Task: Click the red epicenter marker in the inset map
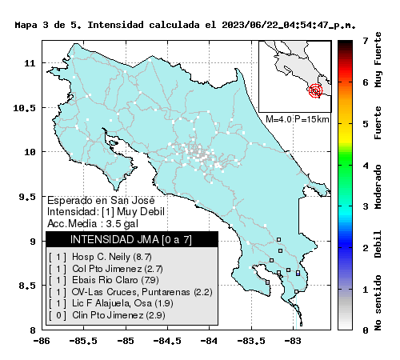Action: coord(315,90)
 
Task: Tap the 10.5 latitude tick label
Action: coord(24,108)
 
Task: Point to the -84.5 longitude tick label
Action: coord(167,341)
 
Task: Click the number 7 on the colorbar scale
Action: coord(366,41)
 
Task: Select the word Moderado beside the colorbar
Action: coord(378,186)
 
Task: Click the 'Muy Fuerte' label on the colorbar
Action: coord(378,60)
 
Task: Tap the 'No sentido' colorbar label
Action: coord(378,302)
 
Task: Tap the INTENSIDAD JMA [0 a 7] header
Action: coord(131,240)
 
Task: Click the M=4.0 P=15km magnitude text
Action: coord(298,119)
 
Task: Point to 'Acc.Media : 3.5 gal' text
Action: coord(93,223)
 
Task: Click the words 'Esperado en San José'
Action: coord(101,200)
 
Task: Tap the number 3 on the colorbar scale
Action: coord(366,206)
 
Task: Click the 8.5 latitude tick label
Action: coord(27,286)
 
